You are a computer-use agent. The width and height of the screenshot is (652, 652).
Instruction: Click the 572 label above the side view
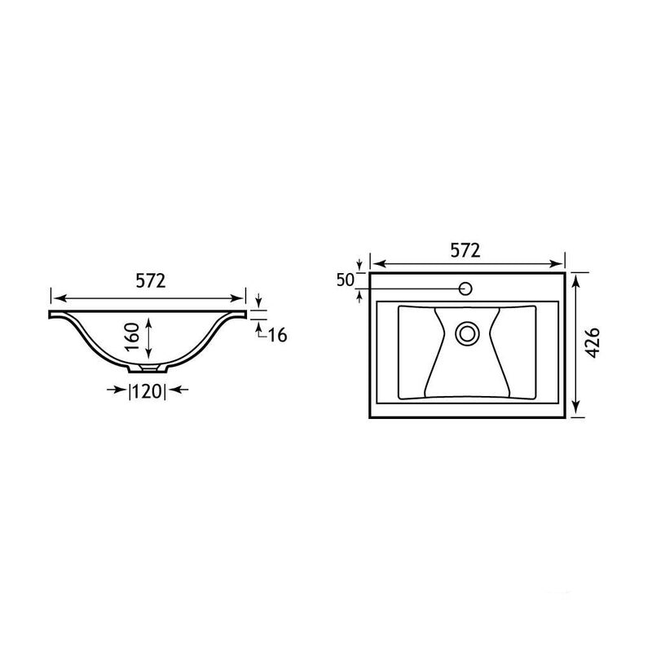(x=151, y=281)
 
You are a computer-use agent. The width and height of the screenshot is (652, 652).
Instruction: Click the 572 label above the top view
(x=465, y=250)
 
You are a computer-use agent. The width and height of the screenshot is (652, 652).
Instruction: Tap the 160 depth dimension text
(x=133, y=337)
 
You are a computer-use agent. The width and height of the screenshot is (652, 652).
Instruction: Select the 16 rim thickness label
(x=277, y=335)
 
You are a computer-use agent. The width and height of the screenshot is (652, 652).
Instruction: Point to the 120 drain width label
(x=148, y=391)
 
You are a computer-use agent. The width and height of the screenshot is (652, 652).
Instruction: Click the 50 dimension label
(x=345, y=280)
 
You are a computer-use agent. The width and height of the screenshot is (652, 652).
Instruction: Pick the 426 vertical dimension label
(x=593, y=342)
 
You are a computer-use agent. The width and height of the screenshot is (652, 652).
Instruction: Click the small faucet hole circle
(x=465, y=289)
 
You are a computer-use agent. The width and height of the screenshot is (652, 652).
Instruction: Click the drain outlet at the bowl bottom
(x=148, y=368)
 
